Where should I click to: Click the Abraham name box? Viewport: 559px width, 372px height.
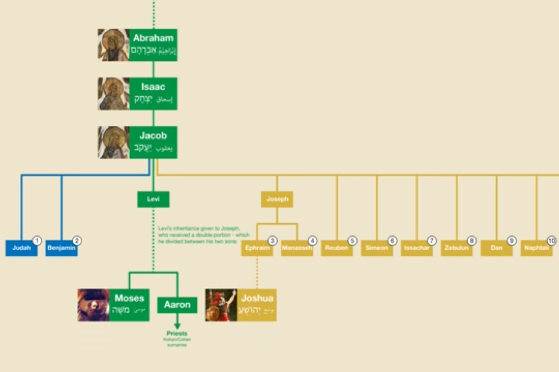point(153,45)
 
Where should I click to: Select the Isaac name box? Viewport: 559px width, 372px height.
point(153,94)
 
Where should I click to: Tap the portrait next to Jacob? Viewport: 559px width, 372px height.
point(114,143)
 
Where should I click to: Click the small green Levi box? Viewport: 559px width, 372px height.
point(153,199)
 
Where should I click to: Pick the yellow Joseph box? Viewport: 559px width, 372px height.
point(277,199)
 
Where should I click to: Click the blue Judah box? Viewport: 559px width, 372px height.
point(21,248)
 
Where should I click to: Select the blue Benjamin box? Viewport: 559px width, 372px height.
point(61,248)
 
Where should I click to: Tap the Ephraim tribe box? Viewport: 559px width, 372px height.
point(257,248)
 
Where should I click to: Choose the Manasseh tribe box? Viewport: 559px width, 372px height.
point(297,248)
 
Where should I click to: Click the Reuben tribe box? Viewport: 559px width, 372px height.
point(337,248)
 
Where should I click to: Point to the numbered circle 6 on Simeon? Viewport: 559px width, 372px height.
point(392,241)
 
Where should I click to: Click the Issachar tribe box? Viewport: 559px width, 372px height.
point(417,248)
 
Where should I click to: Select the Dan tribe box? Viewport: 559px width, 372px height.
point(496,248)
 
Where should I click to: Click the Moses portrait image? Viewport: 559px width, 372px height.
point(93,305)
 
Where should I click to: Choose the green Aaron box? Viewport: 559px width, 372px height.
point(177,305)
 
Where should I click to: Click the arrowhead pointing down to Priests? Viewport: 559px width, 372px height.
point(177,326)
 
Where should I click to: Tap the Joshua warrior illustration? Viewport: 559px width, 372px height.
point(221,305)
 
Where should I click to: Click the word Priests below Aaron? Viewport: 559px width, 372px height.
point(177,334)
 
